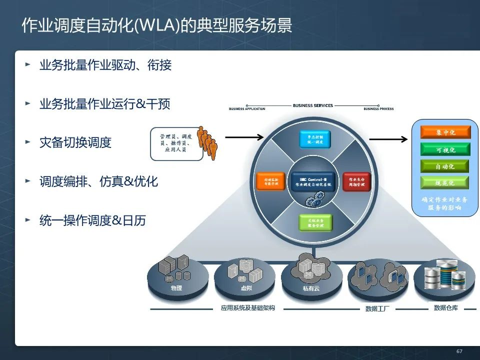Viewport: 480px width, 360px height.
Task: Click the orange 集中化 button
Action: point(438,132)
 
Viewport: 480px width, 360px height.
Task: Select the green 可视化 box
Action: point(438,149)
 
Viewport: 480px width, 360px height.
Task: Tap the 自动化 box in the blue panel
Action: point(438,166)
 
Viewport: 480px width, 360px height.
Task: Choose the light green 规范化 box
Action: point(438,182)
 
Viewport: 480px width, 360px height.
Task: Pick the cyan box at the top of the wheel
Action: point(315,139)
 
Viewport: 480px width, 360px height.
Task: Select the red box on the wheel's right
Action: point(356,181)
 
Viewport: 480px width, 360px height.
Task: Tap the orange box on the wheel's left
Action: point(270,181)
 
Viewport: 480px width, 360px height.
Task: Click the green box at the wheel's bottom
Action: point(315,222)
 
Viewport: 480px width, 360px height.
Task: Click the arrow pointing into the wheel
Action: point(244,136)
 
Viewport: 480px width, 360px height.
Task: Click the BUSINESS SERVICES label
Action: point(312,105)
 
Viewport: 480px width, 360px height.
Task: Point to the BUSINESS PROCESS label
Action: point(378,109)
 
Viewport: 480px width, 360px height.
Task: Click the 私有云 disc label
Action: point(310,288)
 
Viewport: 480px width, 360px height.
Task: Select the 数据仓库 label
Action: point(445,308)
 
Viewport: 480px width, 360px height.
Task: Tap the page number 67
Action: point(459,351)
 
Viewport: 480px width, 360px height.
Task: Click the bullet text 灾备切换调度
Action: point(75,142)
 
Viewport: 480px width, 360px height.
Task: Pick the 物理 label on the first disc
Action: point(176,288)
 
